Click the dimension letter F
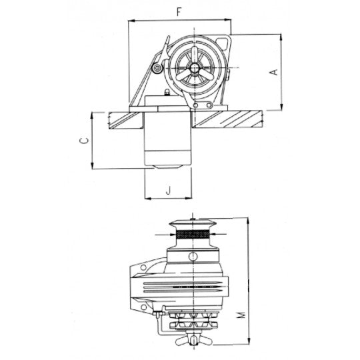(x=179, y=12)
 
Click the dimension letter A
(x=274, y=72)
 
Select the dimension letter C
(x=83, y=141)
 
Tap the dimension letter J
(x=169, y=190)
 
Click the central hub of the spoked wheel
(x=195, y=68)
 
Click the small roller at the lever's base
(x=157, y=68)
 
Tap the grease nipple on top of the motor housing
(x=167, y=93)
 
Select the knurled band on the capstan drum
(x=193, y=235)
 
